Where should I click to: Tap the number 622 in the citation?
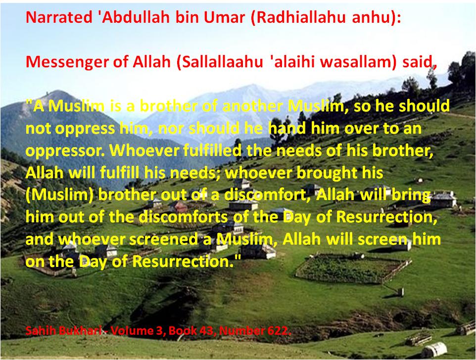pyautogui.click(x=278, y=331)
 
